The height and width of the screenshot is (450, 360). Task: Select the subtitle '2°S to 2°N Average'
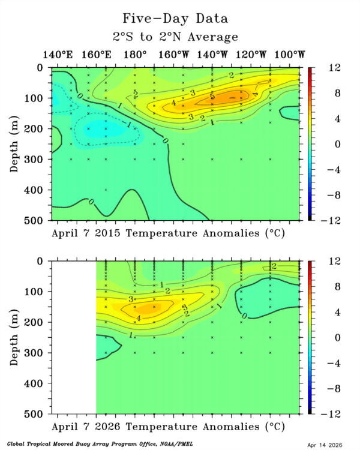[x=176, y=37]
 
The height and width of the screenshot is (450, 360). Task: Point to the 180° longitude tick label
[x=135, y=55]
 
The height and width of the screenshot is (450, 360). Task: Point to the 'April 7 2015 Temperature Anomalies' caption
[x=169, y=232]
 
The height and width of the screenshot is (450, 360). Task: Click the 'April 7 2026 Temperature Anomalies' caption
[x=169, y=426]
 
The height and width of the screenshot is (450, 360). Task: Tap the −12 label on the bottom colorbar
[x=319, y=413]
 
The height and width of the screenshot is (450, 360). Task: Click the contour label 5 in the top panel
[x=212, y=97]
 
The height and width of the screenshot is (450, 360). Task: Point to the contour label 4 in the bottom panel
[x=139, y=318]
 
